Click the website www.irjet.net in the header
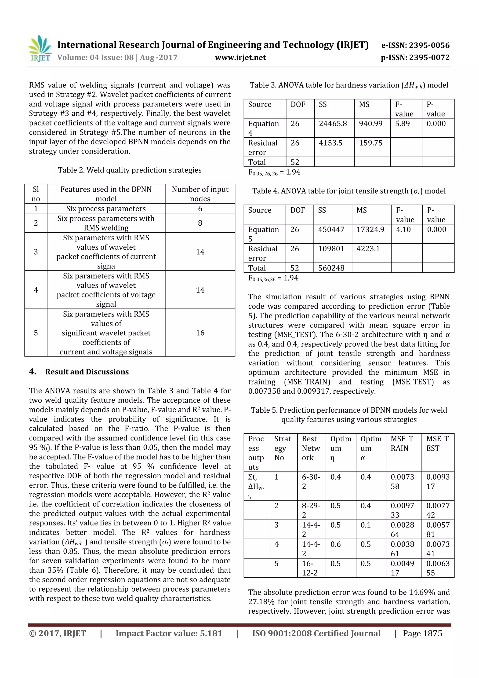[240, 57]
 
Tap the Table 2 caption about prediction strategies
[130, 170]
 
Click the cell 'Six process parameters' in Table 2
[106, 209]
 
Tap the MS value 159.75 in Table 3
[370, 143]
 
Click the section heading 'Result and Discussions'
[87, 372]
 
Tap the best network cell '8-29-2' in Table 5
[311, 510]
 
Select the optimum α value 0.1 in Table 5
[365, 525]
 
